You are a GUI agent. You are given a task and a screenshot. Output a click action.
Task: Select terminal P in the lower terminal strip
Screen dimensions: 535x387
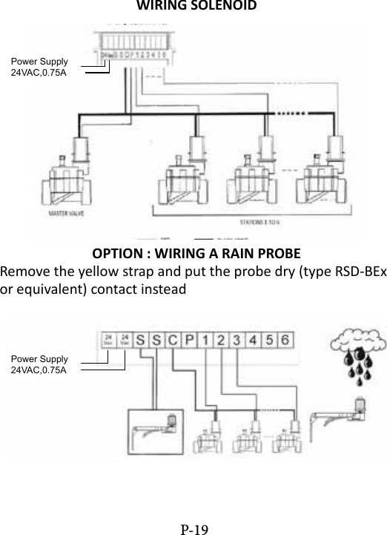(x=189, y=341)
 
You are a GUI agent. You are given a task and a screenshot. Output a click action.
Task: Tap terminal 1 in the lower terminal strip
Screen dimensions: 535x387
(x=205, y=341)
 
